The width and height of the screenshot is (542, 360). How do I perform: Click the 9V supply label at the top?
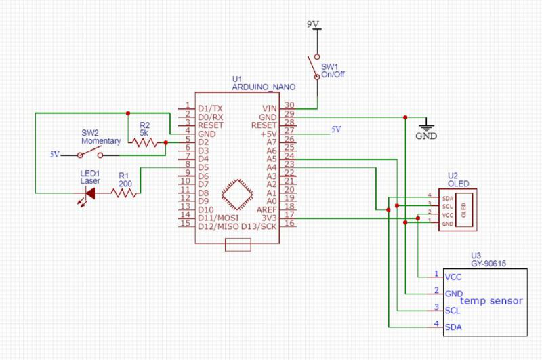313,24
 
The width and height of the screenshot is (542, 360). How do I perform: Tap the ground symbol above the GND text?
426,124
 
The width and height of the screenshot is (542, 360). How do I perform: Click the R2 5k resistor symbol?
147,142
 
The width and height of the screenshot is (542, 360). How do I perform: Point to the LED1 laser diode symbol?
87,193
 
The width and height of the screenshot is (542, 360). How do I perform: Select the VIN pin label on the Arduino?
269,108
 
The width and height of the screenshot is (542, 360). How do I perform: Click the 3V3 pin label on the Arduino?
269,218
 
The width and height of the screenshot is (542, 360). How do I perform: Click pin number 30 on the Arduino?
289,105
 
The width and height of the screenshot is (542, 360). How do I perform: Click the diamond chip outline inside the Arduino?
235,196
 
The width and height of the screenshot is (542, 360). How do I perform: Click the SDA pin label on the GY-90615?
453,327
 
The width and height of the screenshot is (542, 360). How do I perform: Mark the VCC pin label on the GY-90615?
453,277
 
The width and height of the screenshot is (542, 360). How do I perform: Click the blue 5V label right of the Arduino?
337,129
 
